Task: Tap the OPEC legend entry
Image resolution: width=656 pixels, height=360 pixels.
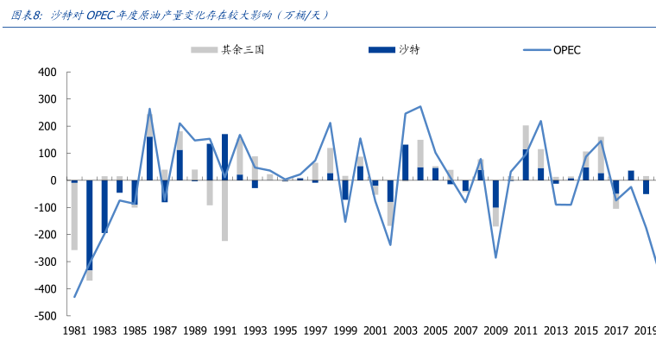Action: (566, 49)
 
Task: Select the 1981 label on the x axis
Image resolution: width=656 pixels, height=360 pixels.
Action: (75, 332)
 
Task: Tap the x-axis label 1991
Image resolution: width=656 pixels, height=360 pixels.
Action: (225, 332)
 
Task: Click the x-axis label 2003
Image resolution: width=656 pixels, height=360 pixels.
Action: (405, 332)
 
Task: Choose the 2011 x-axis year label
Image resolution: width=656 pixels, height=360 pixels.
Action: (525, 332)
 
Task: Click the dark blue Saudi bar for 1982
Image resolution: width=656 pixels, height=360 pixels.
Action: (90, 225)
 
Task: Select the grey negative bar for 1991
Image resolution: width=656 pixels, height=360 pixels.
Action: (225, 211)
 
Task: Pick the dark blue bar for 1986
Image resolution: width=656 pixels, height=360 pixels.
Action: (149, 159)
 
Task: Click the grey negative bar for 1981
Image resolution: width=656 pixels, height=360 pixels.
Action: (74, 216)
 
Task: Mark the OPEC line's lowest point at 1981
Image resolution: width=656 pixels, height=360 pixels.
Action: (75, 297)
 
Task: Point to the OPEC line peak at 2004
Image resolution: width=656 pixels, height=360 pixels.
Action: (420, 107)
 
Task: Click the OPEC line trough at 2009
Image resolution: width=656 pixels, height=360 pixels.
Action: (495, 257)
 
